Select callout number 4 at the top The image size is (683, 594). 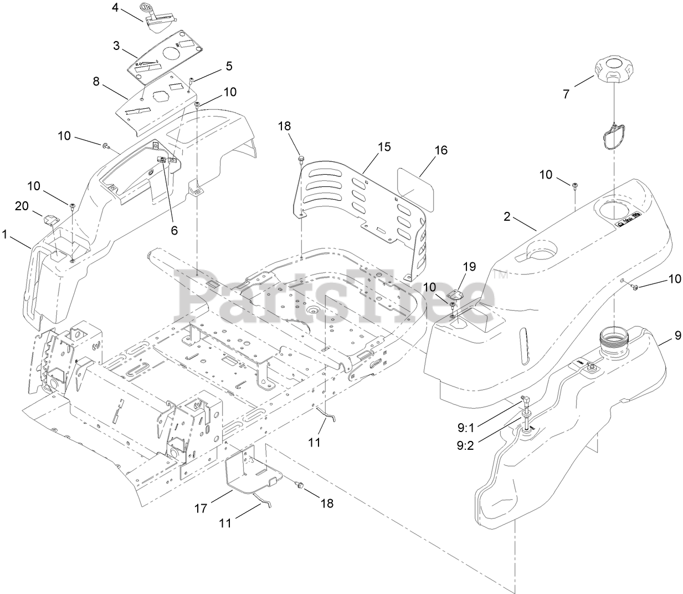pyautogui.click(x=115, y=8)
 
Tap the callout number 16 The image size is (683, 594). pyautogui.click(x=441, y=150)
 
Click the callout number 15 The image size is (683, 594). pyautogui.click(x=384, y=147)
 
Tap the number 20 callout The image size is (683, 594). pyautogui.click(x=22, y=206)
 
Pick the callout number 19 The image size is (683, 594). pyautogui.click(x=469, y=267)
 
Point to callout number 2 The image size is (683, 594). pyautogui.click(x=506, y=217)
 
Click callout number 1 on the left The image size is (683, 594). pyautogui.click(x=5, y=235)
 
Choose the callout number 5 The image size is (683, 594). pyautogui.click(x=229, y=66)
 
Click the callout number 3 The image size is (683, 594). pyautogui.click(x=116, y=45)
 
